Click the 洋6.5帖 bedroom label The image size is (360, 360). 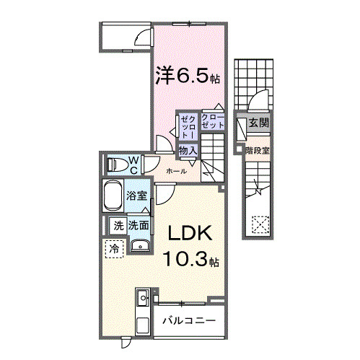pos(188,75)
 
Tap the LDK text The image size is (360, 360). pos(190,233)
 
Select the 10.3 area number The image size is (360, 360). pos(185,259)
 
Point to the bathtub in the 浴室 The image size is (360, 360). pos(113,196)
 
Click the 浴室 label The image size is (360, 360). pos(137,196)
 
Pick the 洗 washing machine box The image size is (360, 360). pos(118,226)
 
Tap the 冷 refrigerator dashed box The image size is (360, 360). pos(114,249)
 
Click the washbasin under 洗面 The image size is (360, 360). pos(140,246)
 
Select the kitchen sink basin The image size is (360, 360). pos(143,298)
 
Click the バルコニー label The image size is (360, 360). pos(189,320)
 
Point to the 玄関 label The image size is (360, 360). pos(258,123)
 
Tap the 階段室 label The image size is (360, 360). pos(258,151)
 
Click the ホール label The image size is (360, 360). pos(176,171)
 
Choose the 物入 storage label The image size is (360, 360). pos(188,151)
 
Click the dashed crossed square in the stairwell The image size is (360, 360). pos(260,224)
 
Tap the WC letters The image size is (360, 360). pos(133,165)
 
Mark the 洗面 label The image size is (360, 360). pos(139,226)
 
